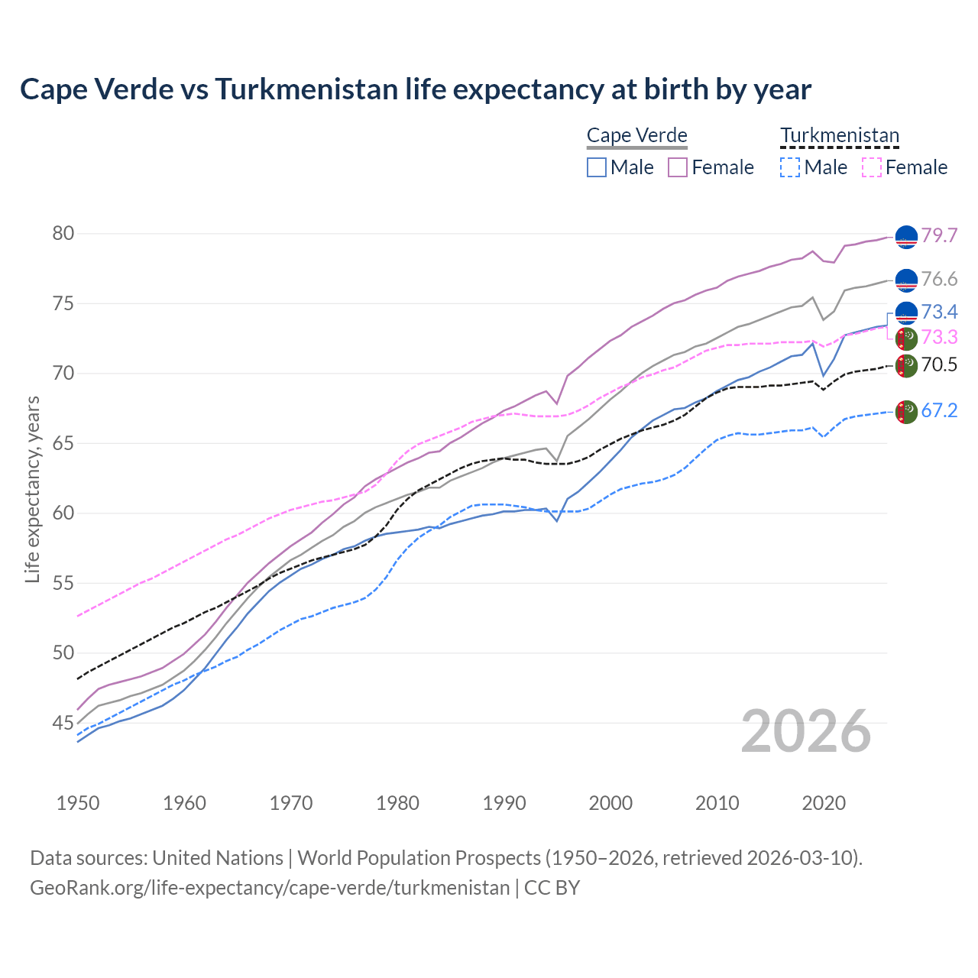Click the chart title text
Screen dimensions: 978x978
point(415,89)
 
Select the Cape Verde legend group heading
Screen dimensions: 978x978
point(636,136)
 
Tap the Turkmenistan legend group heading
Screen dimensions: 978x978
point(839,136)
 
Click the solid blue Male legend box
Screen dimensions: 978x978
point(597,167)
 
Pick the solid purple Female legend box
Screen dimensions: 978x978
point(678,167)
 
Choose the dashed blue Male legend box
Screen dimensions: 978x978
point(790,167)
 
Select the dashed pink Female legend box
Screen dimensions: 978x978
point(871,167)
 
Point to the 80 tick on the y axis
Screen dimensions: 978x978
point(63,233)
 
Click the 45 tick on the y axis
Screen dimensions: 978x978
point(63,723)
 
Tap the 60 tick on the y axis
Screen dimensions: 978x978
point(63,513)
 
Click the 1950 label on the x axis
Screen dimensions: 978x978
point(78,803)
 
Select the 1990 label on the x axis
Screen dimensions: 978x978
point(504,803)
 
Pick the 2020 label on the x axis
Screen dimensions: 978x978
point(824,803)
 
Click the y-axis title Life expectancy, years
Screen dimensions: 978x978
point(32,489)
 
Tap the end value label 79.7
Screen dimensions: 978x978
point(939,235)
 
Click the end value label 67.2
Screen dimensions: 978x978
point(939,411)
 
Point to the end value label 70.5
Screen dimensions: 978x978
point(939,365)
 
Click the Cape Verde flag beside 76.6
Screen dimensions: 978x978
point(906,280)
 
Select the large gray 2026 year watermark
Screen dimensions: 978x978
point(806,731)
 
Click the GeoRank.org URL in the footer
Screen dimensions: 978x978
point(270,888)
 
